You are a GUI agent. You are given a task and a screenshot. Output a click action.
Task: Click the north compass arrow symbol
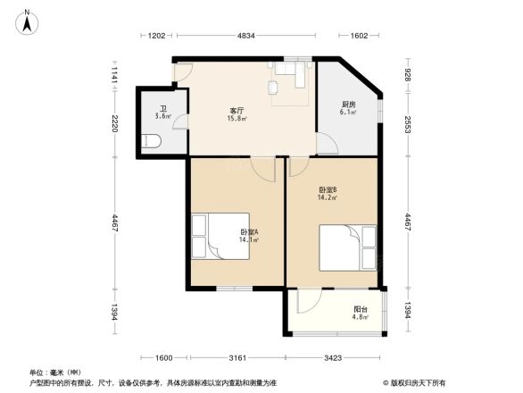pyautogui.click(x=29, y=20)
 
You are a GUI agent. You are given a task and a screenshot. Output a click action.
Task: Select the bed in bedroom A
pyautogui.click(x=220, y=236)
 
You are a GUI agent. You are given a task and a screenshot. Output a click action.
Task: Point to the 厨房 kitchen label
pyautogui.click(x=349, y=105)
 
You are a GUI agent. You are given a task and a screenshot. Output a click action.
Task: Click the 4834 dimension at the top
pyautogui.click(x=245, y=36)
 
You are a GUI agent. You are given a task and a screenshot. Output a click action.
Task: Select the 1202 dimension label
pyautogui.click(x=156, y=36)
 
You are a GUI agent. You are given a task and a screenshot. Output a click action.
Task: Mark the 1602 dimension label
pyautogui.click(x=359, y=36)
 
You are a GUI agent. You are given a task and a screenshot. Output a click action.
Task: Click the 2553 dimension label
pyautogui.click(x=408, y=124)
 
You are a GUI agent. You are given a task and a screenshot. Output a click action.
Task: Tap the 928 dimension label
pyautogui.click(x=408, y=75)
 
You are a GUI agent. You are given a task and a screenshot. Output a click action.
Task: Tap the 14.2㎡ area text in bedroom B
pyautogui.click(x=327, y=197)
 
